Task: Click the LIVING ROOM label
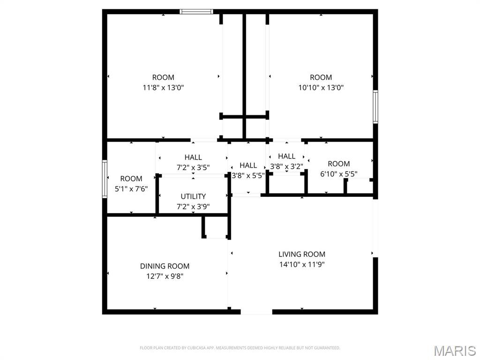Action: (301, 254)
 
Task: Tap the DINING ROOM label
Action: (165, 266)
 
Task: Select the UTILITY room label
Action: (193, 196)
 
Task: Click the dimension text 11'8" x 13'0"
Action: (163, 88)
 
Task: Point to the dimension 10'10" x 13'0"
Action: (321, 88)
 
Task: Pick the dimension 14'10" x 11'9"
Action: (301, 264)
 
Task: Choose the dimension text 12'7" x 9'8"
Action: (165, 276)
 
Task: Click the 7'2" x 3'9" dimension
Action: (193, 207)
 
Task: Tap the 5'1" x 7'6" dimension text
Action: (131, 189)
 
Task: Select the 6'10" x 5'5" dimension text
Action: (338, 174)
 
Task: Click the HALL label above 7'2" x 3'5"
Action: (193, 157)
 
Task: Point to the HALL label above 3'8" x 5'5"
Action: (248, 165)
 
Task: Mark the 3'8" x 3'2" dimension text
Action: (286, 166)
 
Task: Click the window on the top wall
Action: (196, 12)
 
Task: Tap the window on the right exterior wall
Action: (375, 107)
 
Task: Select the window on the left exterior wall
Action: (105, 179)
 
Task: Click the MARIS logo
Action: (454, 351)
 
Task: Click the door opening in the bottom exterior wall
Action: (256, 311)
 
